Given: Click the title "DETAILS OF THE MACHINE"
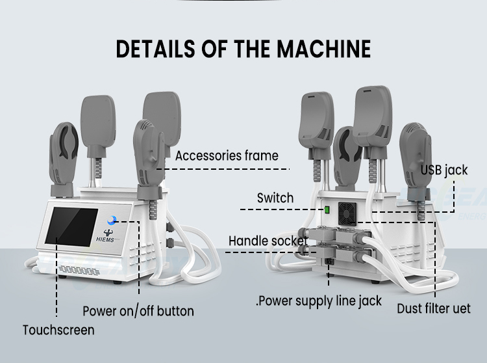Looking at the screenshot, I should point(243,49).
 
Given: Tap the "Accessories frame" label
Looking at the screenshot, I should point(227,155).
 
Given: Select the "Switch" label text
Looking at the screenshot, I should point(275,198).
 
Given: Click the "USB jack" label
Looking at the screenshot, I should point(444,170).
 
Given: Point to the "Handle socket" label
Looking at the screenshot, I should point(267,241).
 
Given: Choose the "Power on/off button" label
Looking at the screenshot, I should point(138,311).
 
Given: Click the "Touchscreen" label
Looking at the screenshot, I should point(58,330).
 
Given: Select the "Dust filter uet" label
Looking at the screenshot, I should point(434,307).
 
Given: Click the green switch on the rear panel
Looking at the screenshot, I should point(328,209).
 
